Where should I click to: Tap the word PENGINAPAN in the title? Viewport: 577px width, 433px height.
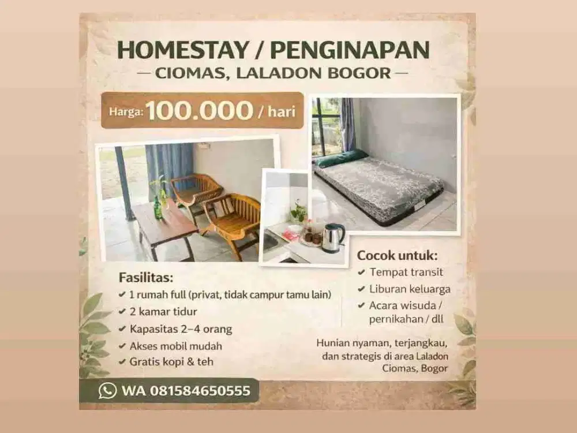point(350,50)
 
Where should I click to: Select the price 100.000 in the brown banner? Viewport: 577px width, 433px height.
point(199,110)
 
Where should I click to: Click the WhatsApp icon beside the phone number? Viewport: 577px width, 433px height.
point(107,391)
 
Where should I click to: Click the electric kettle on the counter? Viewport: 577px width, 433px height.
point(332,237)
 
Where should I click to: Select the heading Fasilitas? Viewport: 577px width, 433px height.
point(146,277)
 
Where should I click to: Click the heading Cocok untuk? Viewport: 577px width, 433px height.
point(397,255)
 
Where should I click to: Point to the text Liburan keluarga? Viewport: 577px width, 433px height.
point(411,289)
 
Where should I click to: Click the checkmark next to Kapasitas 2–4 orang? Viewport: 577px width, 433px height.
point(122,329)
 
